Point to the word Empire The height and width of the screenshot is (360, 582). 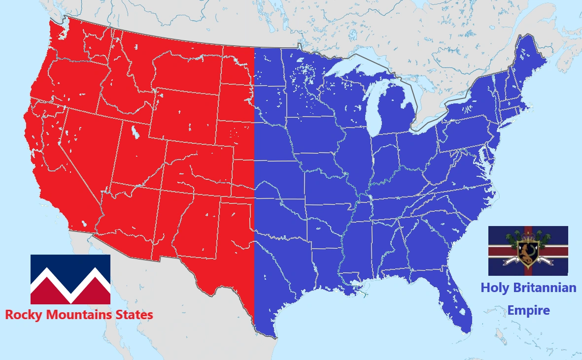(x=528, y=311)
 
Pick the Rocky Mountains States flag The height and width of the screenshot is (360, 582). (x=70, y=279)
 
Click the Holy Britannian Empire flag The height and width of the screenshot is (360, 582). (x=528, y=251)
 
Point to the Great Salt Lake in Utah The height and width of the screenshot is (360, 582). (x=134, y=132)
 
